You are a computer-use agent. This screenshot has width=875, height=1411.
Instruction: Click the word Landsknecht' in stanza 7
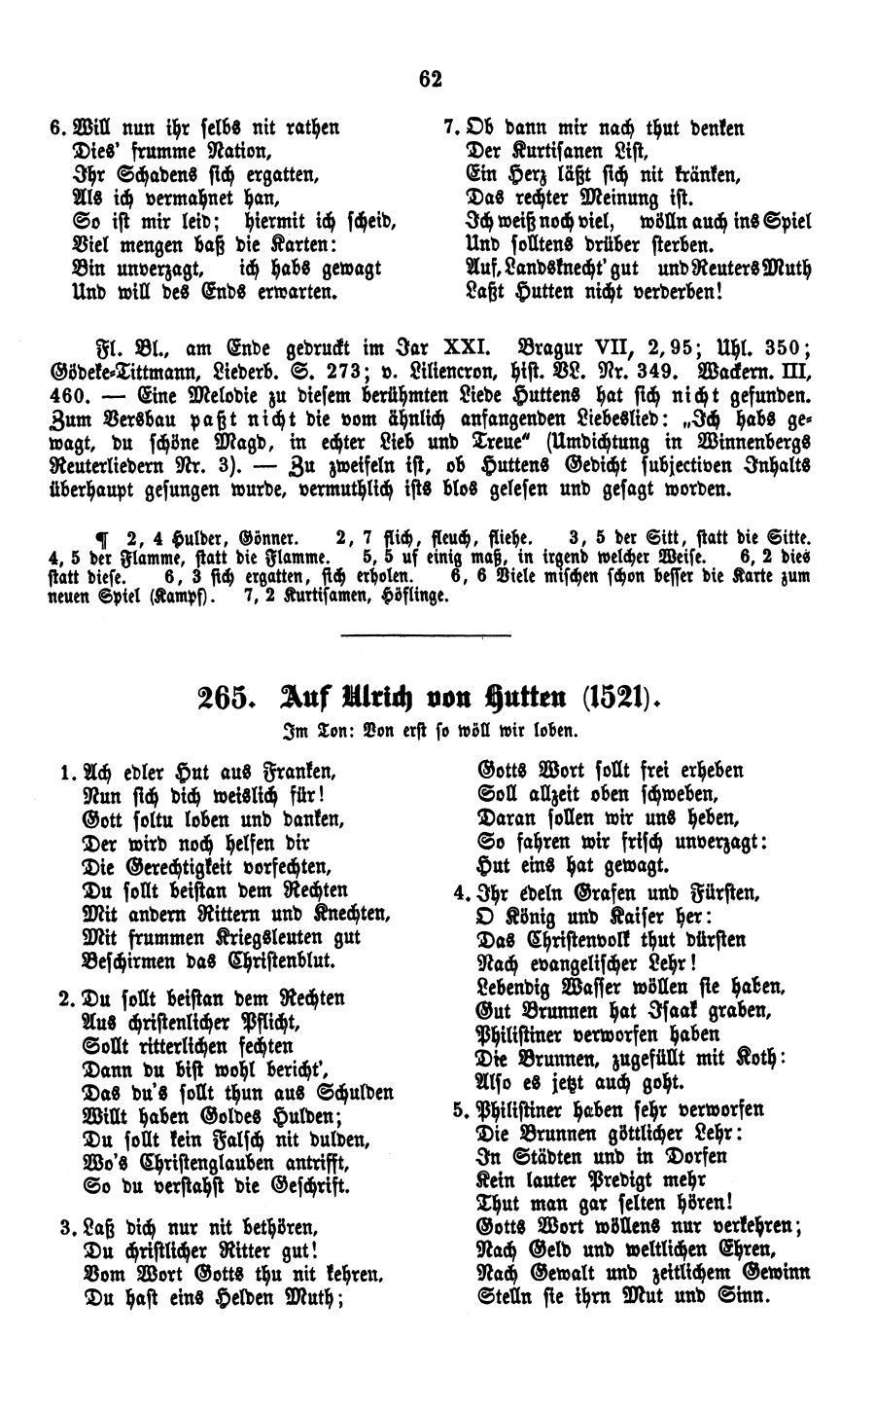click(x=557, y=266)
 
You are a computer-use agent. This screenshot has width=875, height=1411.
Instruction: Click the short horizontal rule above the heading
click(x=427, y=635)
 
